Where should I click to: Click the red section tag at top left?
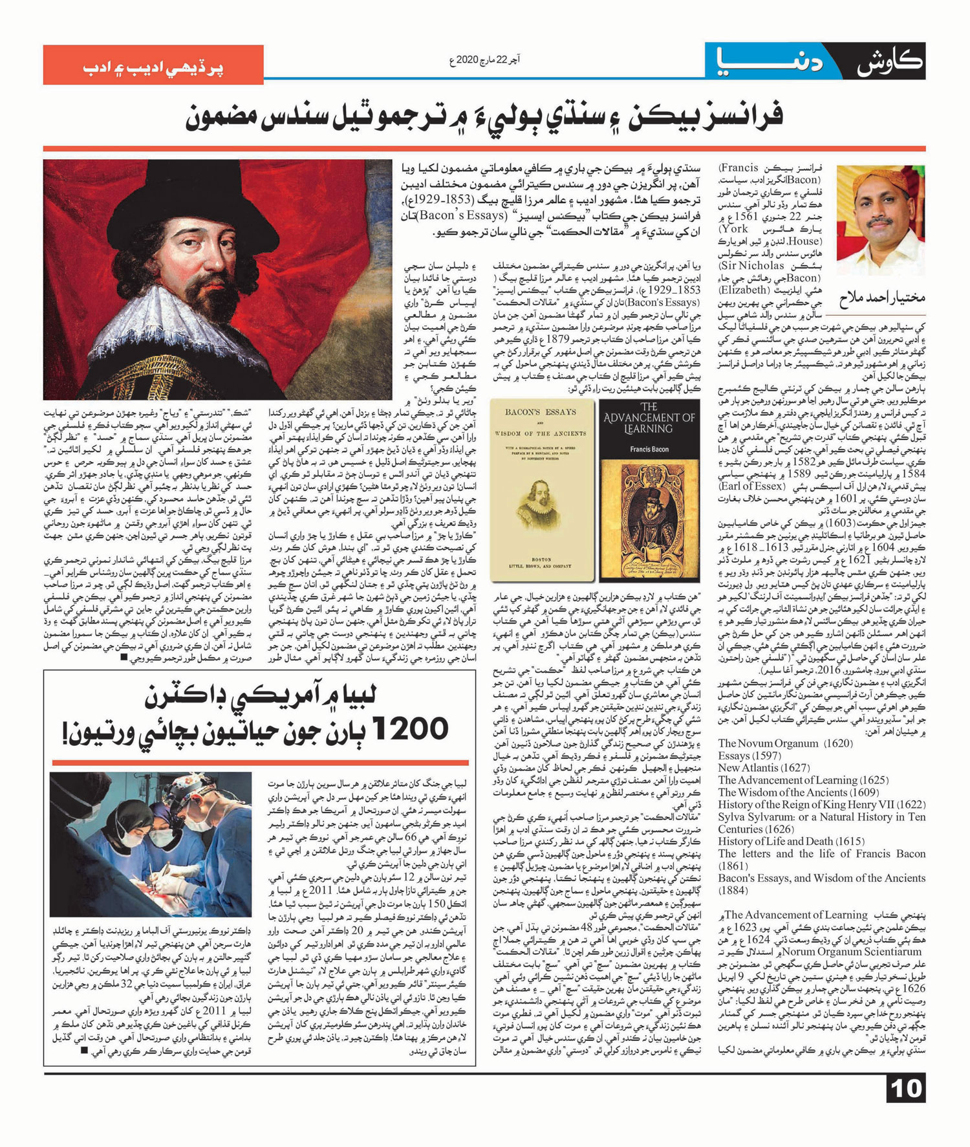[x=153, y=65]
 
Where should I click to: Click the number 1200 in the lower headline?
[x=410, y=729]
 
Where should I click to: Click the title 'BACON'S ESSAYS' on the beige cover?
[x=541, y=412]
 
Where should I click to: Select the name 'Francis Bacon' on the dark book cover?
[x=649, y=449]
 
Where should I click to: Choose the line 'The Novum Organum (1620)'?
[x=768, y=743]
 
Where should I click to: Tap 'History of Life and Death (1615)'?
[x=791, y=842]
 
